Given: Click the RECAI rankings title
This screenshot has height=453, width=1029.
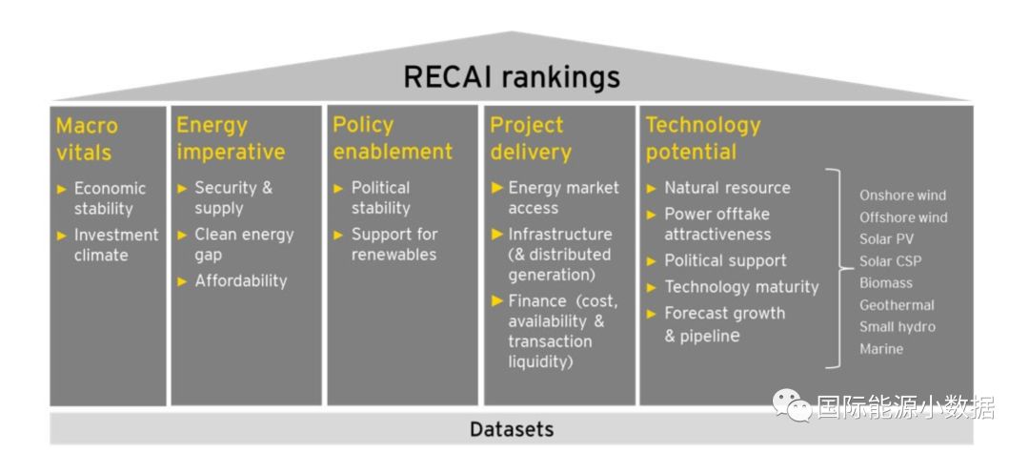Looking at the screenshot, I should (512, 76).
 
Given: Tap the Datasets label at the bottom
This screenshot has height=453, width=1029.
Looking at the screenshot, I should (512, 429).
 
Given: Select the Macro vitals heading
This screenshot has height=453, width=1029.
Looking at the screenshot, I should (87, 138).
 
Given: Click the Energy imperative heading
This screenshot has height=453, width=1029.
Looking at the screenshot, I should (231, 138).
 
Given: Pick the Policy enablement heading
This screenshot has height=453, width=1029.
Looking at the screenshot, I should (393, 138).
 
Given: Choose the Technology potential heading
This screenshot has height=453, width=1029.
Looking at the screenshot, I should (703, 138).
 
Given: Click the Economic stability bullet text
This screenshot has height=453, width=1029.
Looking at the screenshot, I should (110, 198).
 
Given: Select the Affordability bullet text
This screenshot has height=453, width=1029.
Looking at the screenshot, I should (241, 280).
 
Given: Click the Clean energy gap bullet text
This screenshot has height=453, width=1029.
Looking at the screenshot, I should (244, 245).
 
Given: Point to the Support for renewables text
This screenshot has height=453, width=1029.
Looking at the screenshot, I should (394, 244).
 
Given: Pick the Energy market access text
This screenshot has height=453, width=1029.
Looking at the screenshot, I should (563, 198).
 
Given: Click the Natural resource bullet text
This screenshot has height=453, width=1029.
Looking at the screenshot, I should (727, 188).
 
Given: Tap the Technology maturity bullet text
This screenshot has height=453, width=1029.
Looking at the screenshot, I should (741, 287).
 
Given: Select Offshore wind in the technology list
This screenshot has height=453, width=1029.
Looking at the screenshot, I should (903, 217).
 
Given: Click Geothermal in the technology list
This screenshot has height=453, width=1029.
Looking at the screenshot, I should (897, 305).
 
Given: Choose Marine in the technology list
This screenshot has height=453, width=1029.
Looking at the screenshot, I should (881, 349).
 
